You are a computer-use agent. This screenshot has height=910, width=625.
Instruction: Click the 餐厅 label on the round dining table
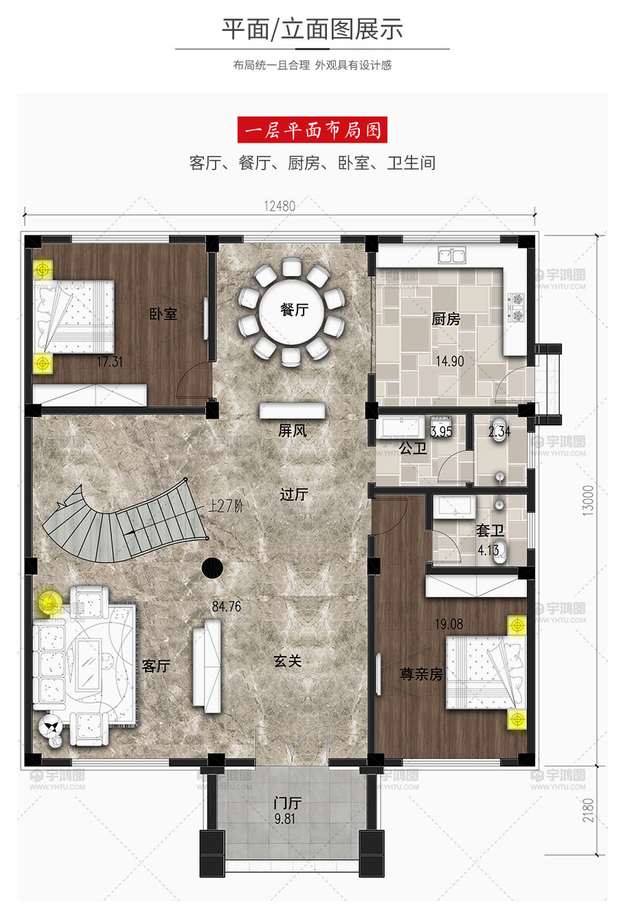click(294, 310)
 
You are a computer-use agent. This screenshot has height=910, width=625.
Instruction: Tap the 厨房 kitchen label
click(446, 319)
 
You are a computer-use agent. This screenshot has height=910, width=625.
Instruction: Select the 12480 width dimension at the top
click(280, 206)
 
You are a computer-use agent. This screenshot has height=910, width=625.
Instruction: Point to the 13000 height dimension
click(588, 500)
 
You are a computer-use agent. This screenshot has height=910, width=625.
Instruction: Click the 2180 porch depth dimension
click(588, 810)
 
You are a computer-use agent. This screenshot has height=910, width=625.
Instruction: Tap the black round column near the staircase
click(212, 568)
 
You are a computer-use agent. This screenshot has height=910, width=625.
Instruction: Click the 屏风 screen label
click(292, 430)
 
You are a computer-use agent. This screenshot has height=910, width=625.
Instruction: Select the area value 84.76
click(227, 607)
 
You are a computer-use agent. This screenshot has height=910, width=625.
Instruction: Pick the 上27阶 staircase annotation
click(226, 506)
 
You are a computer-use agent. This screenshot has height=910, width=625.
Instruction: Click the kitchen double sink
click(452, 256)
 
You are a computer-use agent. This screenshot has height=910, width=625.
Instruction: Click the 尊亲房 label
click(421, 674)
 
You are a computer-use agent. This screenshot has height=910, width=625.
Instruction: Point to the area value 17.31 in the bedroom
click(110, 362)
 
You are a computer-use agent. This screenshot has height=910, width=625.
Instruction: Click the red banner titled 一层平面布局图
click(312, 130)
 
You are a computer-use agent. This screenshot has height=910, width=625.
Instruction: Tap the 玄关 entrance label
click(288, 661)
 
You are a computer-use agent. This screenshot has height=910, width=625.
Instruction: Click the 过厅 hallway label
click(294, 494)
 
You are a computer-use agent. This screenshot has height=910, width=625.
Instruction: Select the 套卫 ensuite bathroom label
click(490, 530)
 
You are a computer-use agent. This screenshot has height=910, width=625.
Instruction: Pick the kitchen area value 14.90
click(450, 361)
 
